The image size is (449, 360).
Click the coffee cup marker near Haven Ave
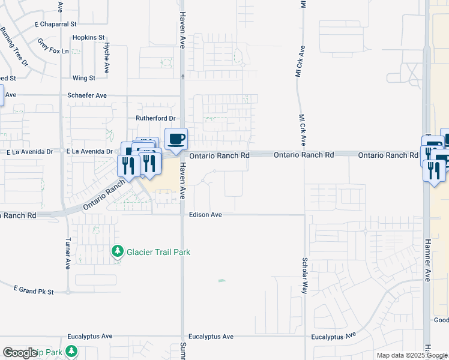click(176, 140)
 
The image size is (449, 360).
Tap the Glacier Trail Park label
click(158, 252)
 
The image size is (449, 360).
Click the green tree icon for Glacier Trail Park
click(118, 251)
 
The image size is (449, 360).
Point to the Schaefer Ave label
click(87, 95)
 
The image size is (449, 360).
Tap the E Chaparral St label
click(56, 25)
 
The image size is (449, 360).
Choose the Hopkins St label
click(85, 37)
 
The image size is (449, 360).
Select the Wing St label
click(84, 78)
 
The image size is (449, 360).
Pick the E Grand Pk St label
click(34, 291)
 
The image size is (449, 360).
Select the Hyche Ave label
click(106, 58)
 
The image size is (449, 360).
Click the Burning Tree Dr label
click(14, 46)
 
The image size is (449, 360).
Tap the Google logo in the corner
click(20, 353)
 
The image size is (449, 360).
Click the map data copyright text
click(412, 355)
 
